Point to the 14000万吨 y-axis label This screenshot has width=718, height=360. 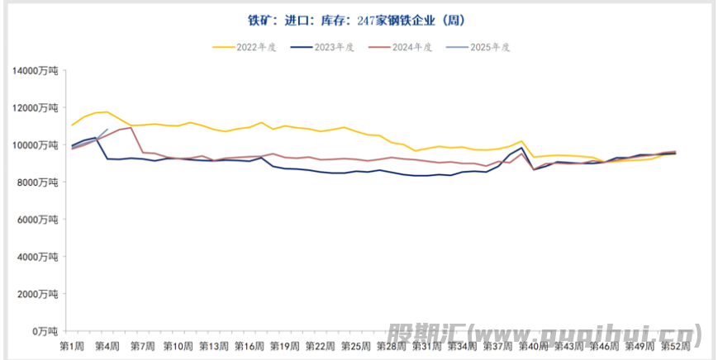pyautogui.click(x=36, y=71)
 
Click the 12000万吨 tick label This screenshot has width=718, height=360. pyautogui.click(x=36, y=108)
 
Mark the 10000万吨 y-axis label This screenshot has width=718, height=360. pyautogui.click(x=36, y=145)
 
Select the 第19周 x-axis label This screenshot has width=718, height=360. pyautogui.click(x=284, y=345)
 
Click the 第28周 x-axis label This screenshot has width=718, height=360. pyautogui.click(x=391, y=345)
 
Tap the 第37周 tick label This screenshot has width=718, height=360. pyautogui.click(x=497, y=345)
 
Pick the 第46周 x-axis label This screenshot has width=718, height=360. pyautogui.click(x=604, y=345)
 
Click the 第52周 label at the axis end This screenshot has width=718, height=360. pyautogui.click(x=675, y=345)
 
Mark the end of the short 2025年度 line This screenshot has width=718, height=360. pyautogui.click(x=107, y=130)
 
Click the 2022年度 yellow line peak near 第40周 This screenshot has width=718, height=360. pyautogui.click(x=521, y=141)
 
